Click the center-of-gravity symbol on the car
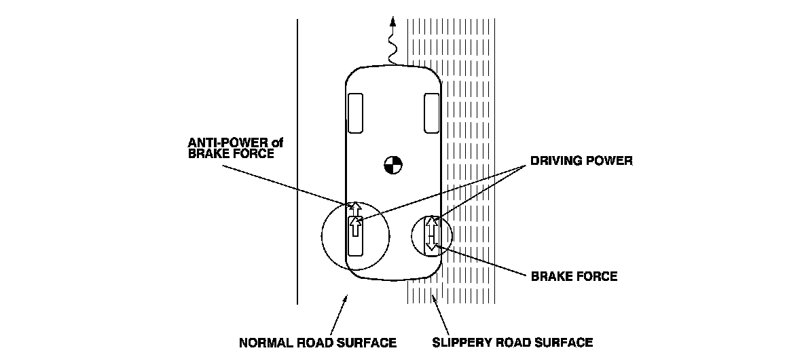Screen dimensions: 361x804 392,164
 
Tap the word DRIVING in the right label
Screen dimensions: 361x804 552,162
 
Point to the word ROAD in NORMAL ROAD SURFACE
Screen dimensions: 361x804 318,342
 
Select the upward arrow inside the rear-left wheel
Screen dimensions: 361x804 354,226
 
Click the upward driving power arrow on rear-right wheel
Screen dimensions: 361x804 429,223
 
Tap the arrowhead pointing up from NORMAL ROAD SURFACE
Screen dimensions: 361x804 347,298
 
